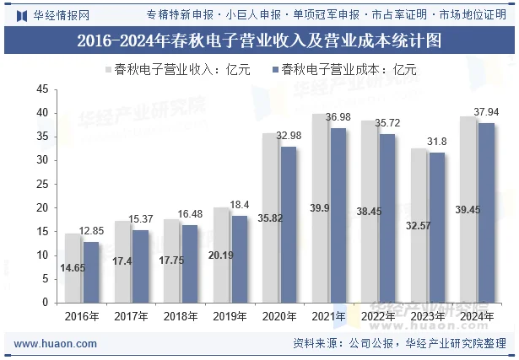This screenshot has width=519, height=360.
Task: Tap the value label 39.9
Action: pos(321,208)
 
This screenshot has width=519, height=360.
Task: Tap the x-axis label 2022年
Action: pos(377,317)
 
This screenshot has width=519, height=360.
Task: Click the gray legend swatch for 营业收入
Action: pos(107,70)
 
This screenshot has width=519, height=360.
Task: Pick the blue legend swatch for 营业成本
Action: pos(274,70)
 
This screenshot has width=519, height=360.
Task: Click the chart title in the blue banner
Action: pos(259,39)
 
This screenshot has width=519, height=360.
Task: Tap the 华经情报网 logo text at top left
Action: pos(60,14)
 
